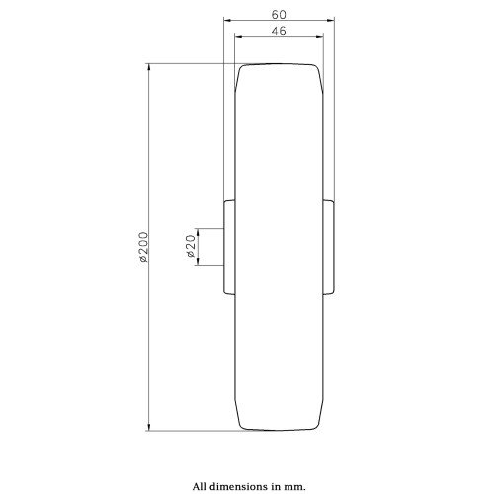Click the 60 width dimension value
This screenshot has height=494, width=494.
tap(279, 15)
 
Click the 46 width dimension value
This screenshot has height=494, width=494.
tap(279, 31)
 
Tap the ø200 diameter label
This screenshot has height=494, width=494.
tap(143, 247)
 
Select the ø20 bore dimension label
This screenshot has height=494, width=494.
tap(191, 246)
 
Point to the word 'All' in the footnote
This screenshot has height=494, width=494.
tap(200, 486)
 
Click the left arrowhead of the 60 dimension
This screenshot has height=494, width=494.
tap(228, 20)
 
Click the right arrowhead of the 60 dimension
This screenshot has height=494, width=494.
tap(330, 20)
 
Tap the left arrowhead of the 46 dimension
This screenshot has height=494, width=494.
tap(238, 37)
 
